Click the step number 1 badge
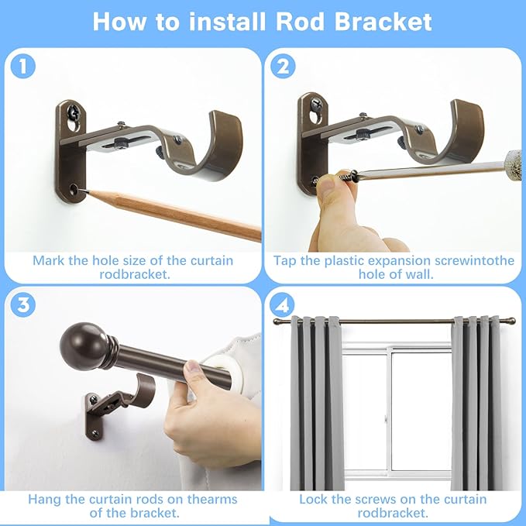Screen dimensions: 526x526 23,67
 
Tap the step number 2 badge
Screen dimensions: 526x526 284,67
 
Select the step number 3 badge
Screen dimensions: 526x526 23,304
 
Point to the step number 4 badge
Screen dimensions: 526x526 284,304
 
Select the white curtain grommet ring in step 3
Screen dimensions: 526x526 210,363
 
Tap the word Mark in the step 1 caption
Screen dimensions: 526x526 48,260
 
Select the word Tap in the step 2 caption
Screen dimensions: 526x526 286,260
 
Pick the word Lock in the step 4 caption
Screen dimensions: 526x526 315,500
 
